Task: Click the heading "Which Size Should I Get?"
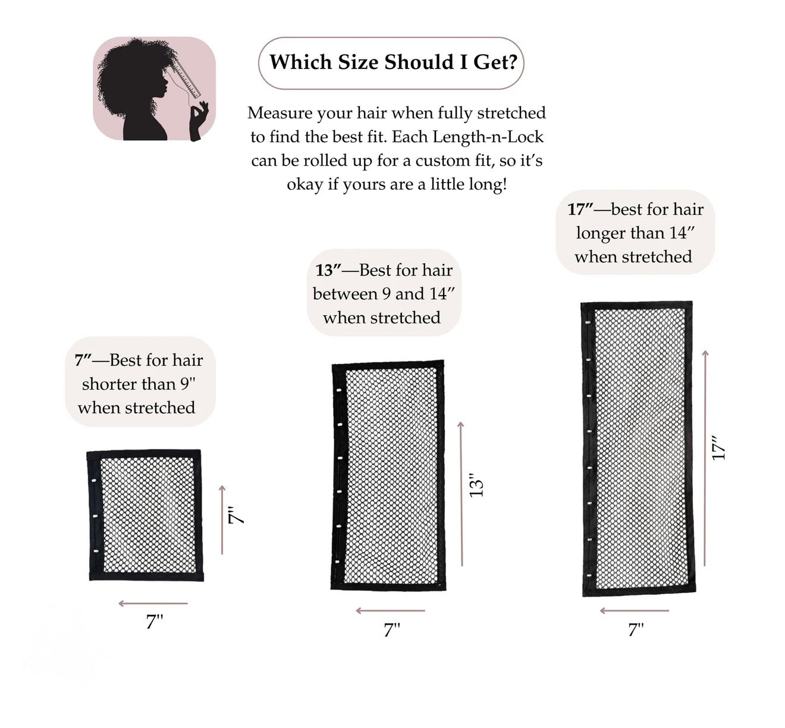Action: pos(392,62)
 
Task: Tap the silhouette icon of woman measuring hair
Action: pos(154,89)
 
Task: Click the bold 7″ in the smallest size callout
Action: pos(83,360)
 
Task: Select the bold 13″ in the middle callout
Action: pos(328,271)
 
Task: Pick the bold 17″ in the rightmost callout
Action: pos(580,209)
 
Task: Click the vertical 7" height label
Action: pos(237,515)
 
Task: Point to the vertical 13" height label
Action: pos(476,486)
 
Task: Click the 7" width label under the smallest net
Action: pos(155,622)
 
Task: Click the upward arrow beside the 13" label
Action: pos(461,494)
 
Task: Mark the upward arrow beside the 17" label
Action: pos(705,458)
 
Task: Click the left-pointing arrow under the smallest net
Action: pos(153,604)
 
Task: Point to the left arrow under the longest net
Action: pos(634,611)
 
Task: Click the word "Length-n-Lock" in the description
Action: pos(488,137)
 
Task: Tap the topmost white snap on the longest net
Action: pos(588,323)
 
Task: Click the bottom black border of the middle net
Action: pos(388,586)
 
